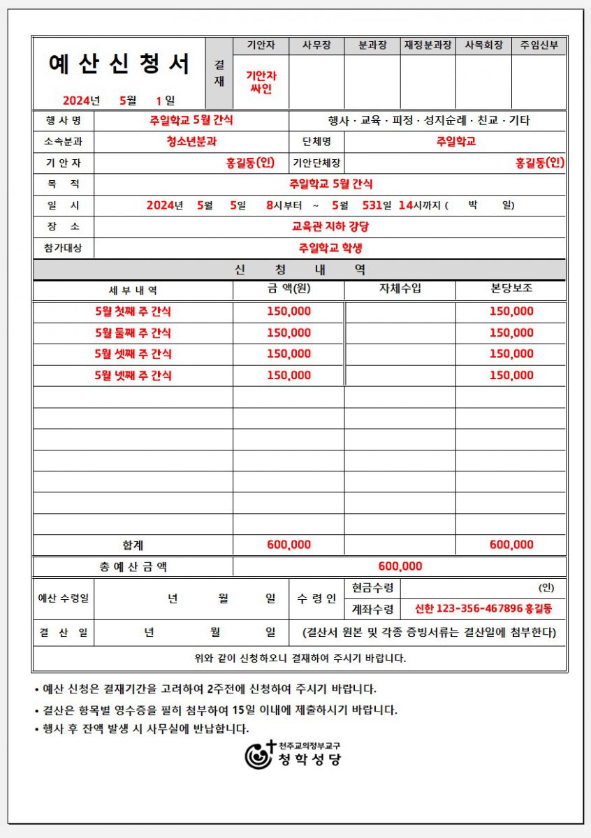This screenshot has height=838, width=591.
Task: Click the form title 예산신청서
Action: [x=119, y=64]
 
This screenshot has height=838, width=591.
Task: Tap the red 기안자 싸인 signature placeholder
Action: [x=261, y=82]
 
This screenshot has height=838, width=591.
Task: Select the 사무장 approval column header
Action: [x=316, y=46]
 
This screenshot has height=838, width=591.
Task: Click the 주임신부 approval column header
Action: [x=539, y=46]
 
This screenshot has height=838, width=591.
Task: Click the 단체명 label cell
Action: [x=316, y=142]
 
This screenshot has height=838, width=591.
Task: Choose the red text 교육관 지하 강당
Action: [x=330, y=227]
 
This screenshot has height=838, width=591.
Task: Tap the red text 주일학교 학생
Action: [x=330, y=248]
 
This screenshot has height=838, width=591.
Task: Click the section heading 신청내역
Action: [x=300, y=270]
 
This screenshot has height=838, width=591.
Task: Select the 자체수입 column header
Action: [x=400, y=289]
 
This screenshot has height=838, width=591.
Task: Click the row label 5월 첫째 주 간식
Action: [x=133, y=311]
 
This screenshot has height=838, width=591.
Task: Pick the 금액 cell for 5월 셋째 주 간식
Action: [x=289, y=354]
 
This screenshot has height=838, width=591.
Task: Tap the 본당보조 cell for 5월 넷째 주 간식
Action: [x=511, y=376]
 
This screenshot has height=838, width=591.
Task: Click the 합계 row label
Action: [x=133, y=545]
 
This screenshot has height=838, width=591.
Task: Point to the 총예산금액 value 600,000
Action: [x=400, y=566]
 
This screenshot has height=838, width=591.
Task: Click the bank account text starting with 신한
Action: [x=483, y=609]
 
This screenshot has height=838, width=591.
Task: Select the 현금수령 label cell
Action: [x=372, y=588]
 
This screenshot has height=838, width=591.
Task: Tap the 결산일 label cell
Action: [x=63, y=633]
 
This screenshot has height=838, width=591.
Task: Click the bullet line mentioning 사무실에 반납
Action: [x=141, y=729]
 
